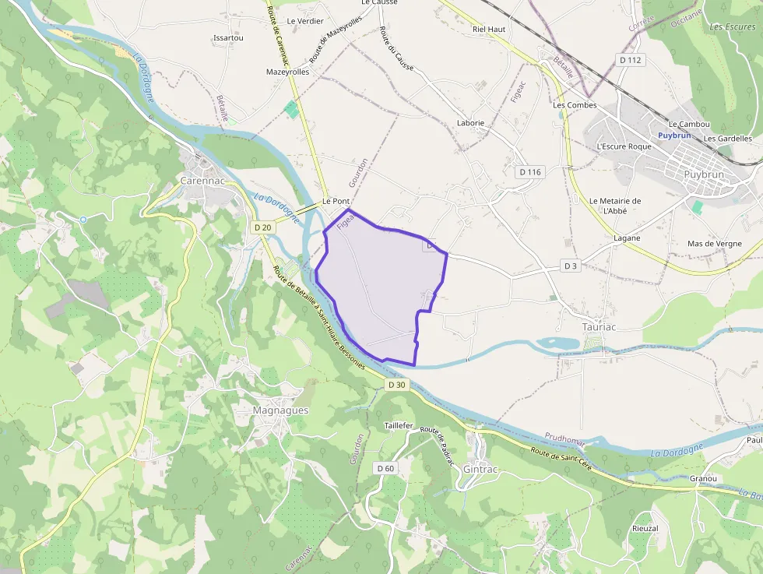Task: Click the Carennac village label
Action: [x=202, y=180]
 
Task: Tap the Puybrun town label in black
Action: [x=704, y=174]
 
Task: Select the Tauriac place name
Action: [x=599, y=327]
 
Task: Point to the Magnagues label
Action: [x=280, y=410]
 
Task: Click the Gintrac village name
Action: [x=479, y=470]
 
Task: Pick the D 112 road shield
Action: [x=631, y=60]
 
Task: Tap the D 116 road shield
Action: [x=529, y=171]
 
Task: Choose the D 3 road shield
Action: [x=571, y=266]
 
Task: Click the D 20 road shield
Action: [x=263, y=227]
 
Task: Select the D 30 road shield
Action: [x=396, y=385]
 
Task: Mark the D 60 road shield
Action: [x=385, y=468]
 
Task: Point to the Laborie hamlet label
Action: [x=470, y=123]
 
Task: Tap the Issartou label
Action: [x=228, y=37]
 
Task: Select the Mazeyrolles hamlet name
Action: [x=288, y=72]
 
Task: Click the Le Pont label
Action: [x=336, y=201]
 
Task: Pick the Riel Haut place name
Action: [x=489, y=30]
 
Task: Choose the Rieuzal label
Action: [x=645, y=528]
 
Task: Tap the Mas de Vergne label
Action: [x=715, y=244]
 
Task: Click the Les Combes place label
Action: [x=575, y=105]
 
